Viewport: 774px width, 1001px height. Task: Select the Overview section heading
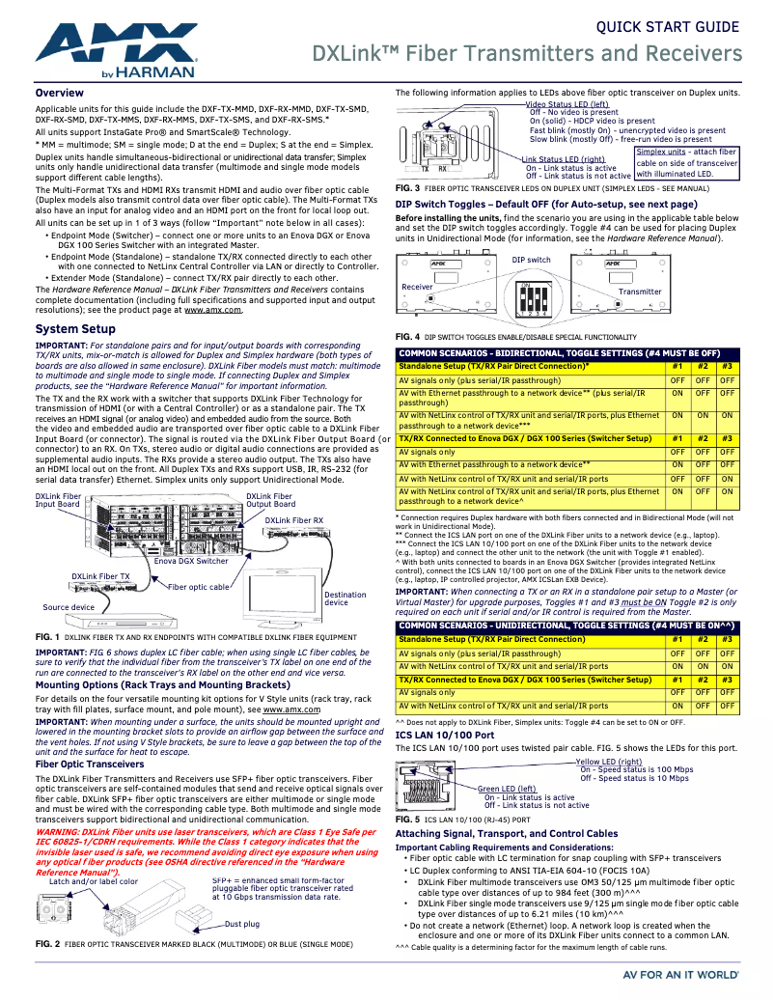coord(59,93)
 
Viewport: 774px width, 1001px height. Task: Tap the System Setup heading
coord(75,329)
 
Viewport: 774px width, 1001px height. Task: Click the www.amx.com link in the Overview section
coord(212,310)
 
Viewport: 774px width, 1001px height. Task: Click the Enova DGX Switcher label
coord(191,561)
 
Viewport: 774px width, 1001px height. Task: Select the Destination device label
coord(345,598)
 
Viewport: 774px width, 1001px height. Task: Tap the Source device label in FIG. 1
coord(69,607)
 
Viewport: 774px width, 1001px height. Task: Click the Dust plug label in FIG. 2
coord(242,924)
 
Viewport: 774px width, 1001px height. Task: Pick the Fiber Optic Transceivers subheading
coord(90,764)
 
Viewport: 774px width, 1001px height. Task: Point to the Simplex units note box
coord(686,162)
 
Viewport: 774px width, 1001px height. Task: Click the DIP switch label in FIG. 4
coord(531,261)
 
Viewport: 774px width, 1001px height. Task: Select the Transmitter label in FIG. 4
coord(640,292)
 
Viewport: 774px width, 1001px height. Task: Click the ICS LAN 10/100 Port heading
coord(445,735)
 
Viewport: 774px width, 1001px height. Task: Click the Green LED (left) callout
coord(507,789)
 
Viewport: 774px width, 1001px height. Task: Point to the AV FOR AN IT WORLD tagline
coord(682,975)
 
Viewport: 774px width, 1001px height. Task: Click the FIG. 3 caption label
coord(407,187)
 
